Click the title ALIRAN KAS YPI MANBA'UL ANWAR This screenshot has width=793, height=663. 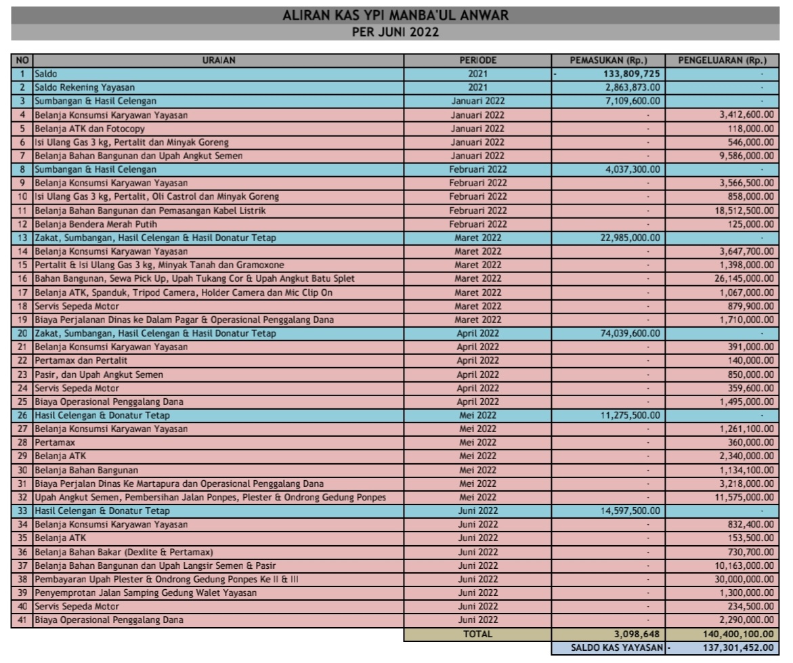395,15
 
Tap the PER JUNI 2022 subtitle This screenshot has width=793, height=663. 395,32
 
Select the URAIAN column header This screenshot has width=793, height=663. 218,60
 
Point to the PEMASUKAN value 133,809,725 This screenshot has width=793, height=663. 633,74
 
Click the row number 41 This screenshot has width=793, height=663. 22,620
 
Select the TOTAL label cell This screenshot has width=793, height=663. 477,635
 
